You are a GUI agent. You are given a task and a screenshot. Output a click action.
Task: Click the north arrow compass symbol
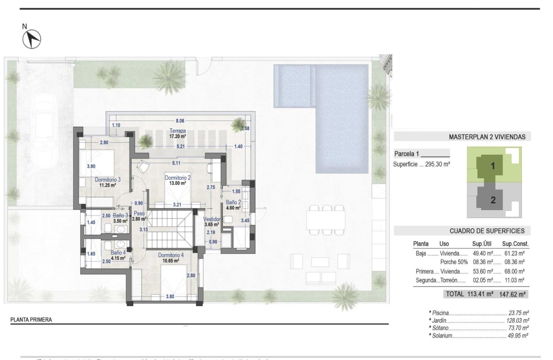[31, 39]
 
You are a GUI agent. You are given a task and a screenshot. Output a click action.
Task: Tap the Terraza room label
[165, 130]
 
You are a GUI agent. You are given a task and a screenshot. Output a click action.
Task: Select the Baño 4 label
[117, 252]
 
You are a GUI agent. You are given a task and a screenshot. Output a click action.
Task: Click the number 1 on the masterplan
[493, 167]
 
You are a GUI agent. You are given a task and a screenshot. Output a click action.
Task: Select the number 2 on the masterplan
[493, 200]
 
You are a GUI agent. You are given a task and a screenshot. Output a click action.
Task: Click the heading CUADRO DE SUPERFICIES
[487, 231]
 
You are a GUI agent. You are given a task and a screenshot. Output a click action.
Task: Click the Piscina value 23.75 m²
[518, 313]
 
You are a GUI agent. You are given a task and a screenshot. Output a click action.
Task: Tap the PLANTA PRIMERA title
[31, 319]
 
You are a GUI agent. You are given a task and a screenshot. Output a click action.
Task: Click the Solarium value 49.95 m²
[518, 336]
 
